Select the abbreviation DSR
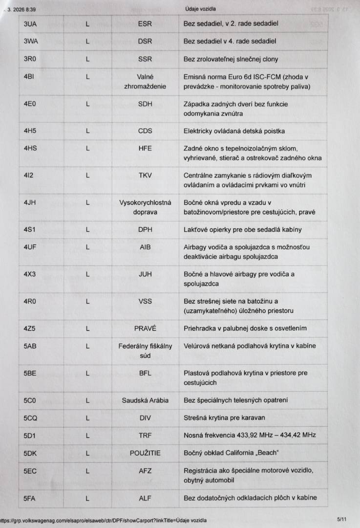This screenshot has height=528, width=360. coord(145,41)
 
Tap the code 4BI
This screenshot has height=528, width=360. coord(29,77)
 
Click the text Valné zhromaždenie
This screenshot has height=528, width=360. coord(145,82)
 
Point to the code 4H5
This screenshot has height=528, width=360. coord(30,131)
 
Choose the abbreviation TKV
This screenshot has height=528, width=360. coord(145,176)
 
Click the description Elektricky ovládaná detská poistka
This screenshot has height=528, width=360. coord(234,131)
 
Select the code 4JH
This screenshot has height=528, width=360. coord(30,202)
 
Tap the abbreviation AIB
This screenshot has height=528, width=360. coord(145,247)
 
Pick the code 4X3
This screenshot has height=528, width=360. coord(30,274)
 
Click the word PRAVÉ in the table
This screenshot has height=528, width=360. coord(145,329)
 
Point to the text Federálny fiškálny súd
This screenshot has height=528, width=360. coord(145,351)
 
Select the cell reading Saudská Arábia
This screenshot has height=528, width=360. coord(145,400)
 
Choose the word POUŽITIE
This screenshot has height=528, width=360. coord(145,453)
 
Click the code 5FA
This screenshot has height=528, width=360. coord(30,498)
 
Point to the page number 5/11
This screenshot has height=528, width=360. coord(341,520)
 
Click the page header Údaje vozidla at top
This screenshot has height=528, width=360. coord(201,9)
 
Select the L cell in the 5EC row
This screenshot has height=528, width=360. coord(87,471)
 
